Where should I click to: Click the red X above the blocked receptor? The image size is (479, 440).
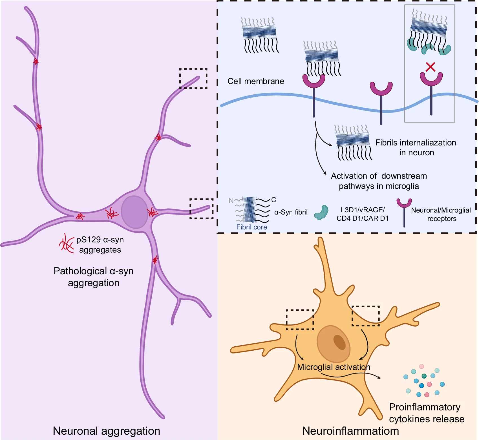(x=431, y=67)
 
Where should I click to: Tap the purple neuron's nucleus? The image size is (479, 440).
(x=134, y=212)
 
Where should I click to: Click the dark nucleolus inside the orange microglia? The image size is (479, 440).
(x=339, y=342)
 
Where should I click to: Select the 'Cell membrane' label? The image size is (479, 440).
(x=256, y=81)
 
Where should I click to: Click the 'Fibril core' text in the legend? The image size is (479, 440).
(x=251, y=227)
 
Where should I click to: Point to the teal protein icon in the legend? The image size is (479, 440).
(x=321, y=213)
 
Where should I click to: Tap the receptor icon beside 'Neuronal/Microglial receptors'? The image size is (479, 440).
(x=404, y=211)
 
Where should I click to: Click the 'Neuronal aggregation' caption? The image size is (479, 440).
(x=106, y=431)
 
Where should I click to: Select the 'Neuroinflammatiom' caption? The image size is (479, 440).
(x=350, y=431)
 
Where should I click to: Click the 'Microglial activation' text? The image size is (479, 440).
(x=334, y=367)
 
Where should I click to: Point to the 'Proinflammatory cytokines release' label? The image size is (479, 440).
(x=426, y=413)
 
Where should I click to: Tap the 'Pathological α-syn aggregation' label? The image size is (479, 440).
(x=94, y=277)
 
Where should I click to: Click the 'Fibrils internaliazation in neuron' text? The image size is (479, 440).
(x=416, y=147)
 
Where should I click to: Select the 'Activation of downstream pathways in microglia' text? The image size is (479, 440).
(x=379, y=181)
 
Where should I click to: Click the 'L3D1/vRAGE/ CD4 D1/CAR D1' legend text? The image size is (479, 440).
(x=363, y=214)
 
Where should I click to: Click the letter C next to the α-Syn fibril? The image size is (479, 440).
(x=273, y=200)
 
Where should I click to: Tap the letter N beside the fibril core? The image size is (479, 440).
(x=231, y=200)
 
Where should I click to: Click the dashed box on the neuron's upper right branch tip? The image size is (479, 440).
(x=193, y=78)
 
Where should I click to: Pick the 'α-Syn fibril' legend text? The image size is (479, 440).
(x=291, y=212)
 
